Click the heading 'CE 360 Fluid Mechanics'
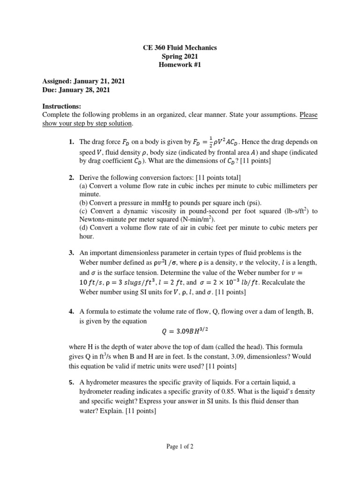pos(180,48)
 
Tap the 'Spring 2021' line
pos(180,57)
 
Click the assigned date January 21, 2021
pos(100,81)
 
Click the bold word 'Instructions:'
pos(62,106)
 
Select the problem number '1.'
pos(71,142)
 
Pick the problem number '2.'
pos(71,177)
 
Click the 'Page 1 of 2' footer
pos(180,447)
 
